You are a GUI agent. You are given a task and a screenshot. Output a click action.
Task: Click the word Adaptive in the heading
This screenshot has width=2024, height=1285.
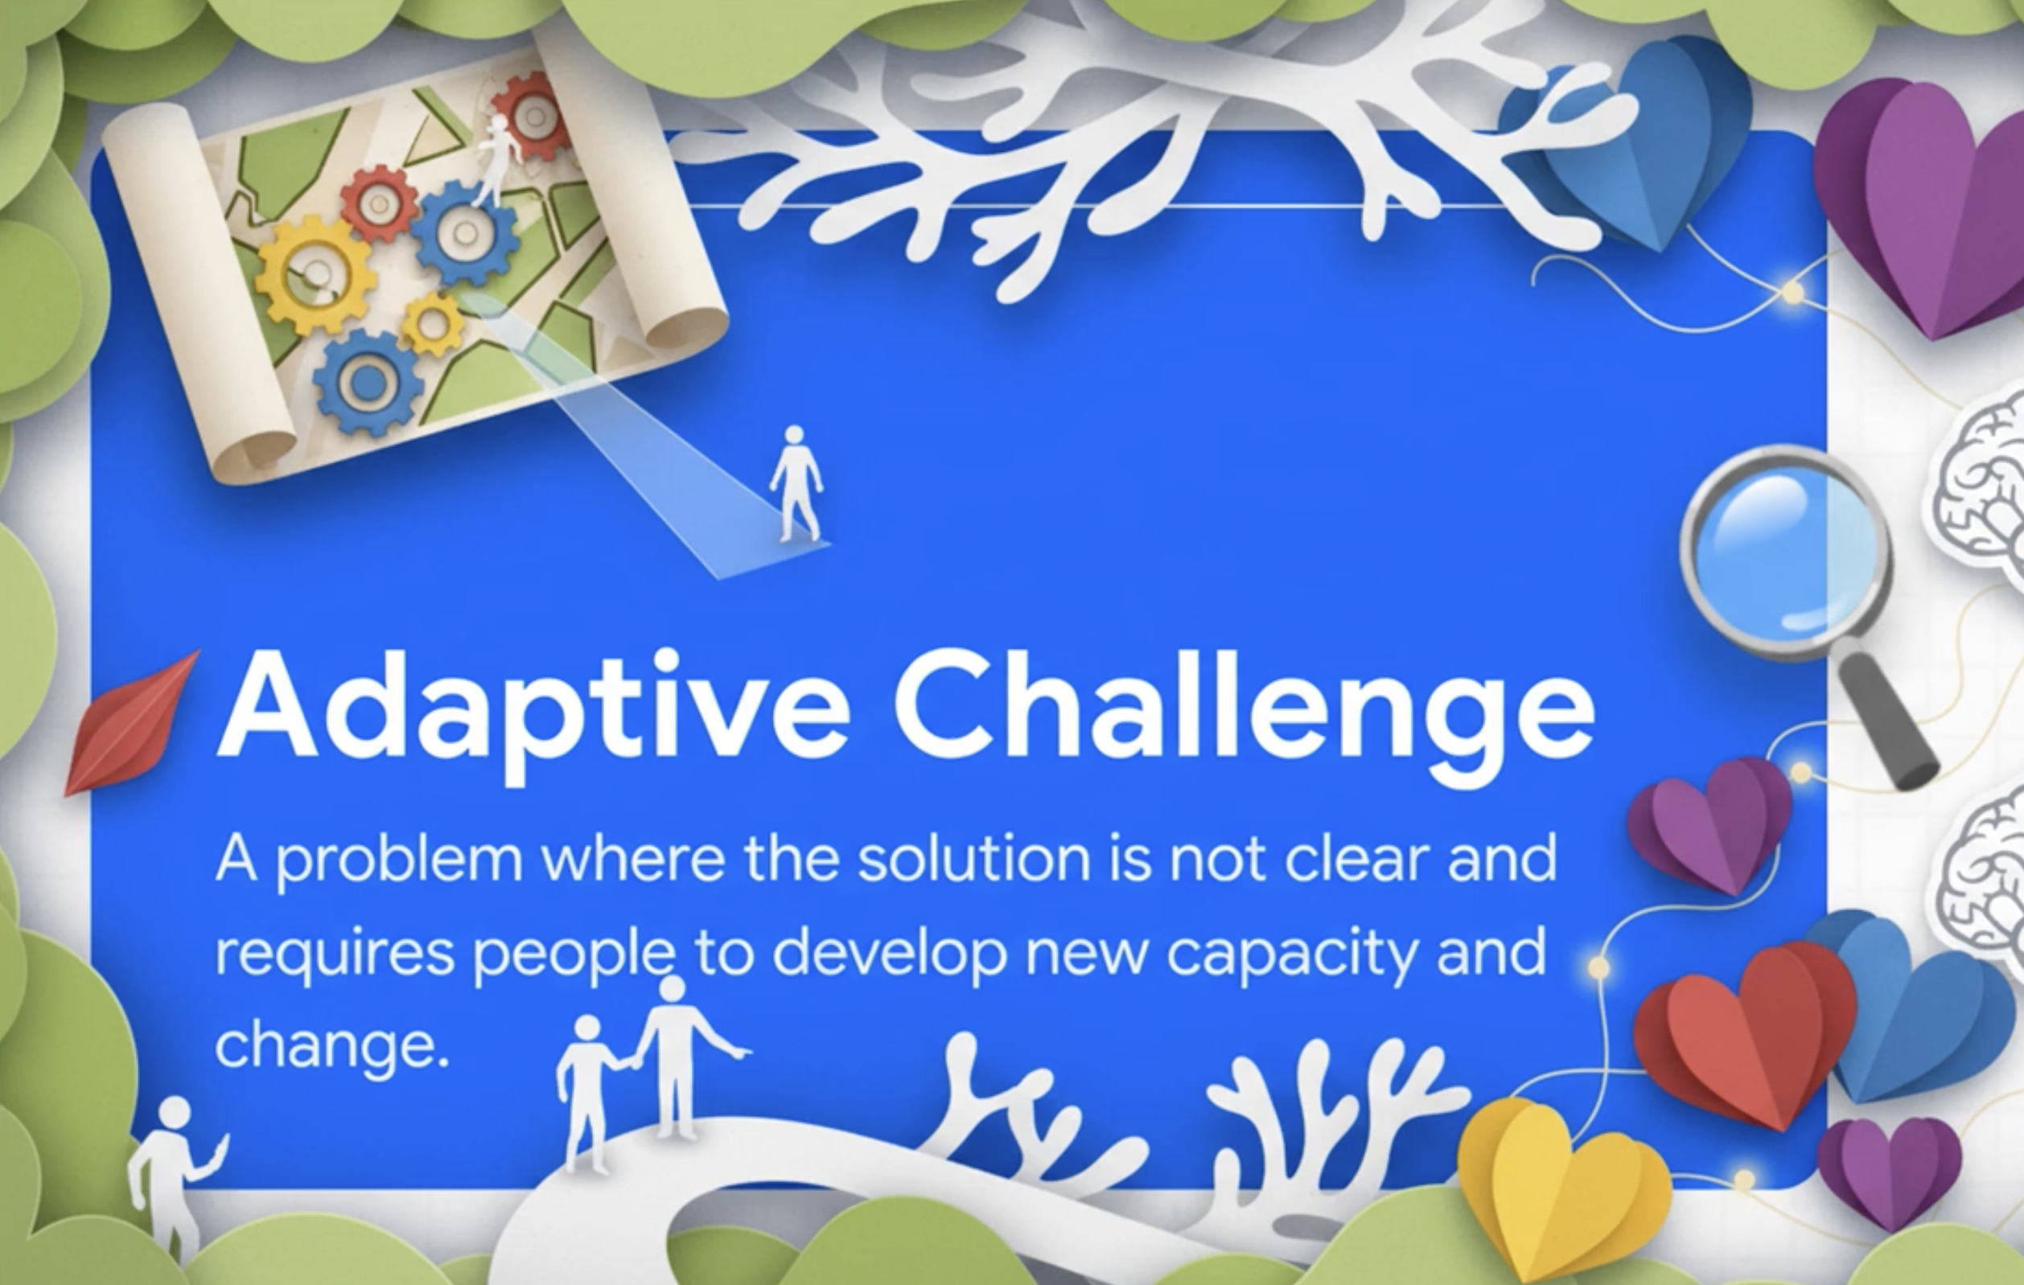(533, 713)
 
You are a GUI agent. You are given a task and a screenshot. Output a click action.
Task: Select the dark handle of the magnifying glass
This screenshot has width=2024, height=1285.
(1888, 722)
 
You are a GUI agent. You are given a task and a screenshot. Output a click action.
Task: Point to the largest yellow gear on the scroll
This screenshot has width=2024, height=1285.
(315, 273)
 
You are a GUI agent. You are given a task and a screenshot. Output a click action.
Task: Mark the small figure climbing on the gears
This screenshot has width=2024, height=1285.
(498, 160)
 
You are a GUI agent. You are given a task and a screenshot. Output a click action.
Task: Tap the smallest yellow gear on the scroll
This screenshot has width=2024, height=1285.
(432, 322)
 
